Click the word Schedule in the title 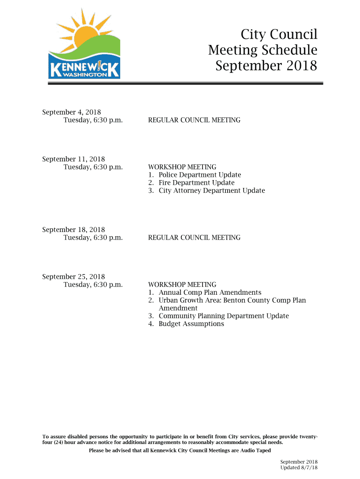pos(290,50)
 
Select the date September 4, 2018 pos(72,112)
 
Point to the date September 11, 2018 pos(73,159)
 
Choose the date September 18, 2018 pos(73,230)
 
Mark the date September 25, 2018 pos(73,276)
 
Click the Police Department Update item pos(200,175)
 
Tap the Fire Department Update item pos(196,183)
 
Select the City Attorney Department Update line pos(211,191)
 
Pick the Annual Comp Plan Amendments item pos(209,292)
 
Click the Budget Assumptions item pos(191,324)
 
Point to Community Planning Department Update pos(223,316)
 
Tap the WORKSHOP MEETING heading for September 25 pos(182,284)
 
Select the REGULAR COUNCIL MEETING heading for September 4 pos(194,120)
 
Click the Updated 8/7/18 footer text pos(299,468)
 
